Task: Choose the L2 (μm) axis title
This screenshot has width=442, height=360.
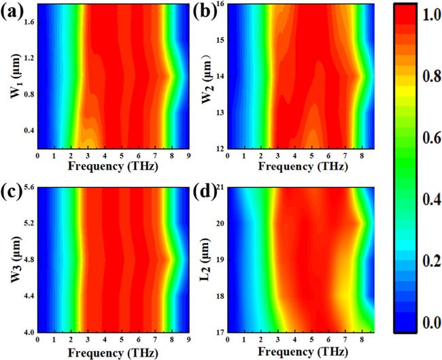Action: point(203,259)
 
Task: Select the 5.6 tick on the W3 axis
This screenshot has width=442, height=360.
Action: point(28,187)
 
